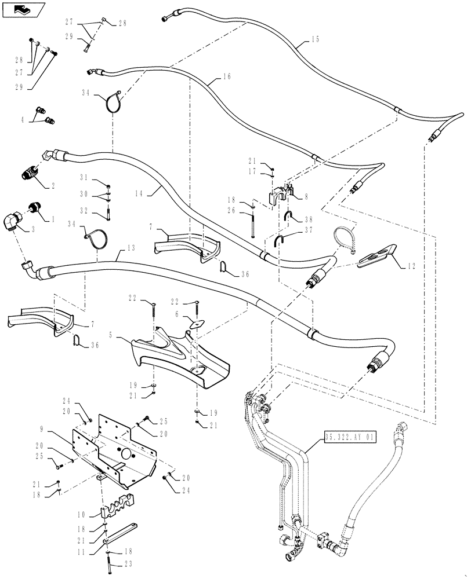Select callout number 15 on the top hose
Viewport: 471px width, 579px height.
(x=315, y=40)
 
